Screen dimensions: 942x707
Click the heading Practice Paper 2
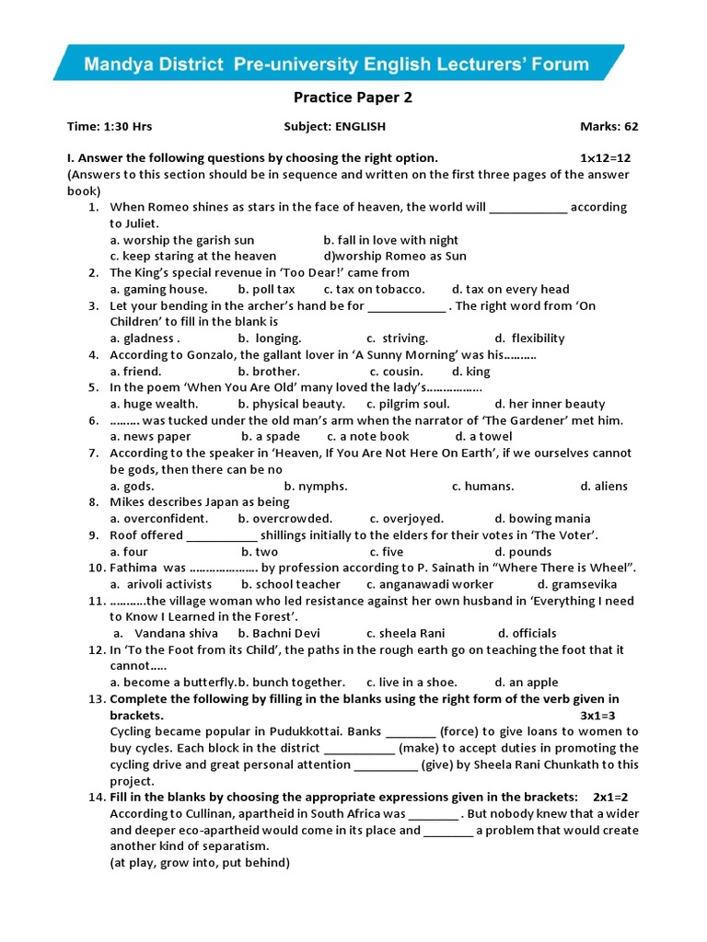pos(353,98)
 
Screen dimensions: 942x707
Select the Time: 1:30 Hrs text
pos(107,126)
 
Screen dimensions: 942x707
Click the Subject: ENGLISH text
pos(335,126)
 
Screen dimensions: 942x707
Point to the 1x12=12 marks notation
pos(599,157)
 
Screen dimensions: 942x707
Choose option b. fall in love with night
pos(390,240)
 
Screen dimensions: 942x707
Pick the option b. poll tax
pos(266,289)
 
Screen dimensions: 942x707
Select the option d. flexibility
pos(529,339)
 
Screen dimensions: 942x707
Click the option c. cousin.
pos(396,372)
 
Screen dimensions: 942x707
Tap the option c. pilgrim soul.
pos(408,404)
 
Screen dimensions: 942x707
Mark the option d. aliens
pos(604,486)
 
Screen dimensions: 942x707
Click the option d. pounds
pos(523,552)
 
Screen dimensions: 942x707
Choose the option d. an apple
pos(526,683)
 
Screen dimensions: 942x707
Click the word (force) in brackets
pos(461,731)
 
